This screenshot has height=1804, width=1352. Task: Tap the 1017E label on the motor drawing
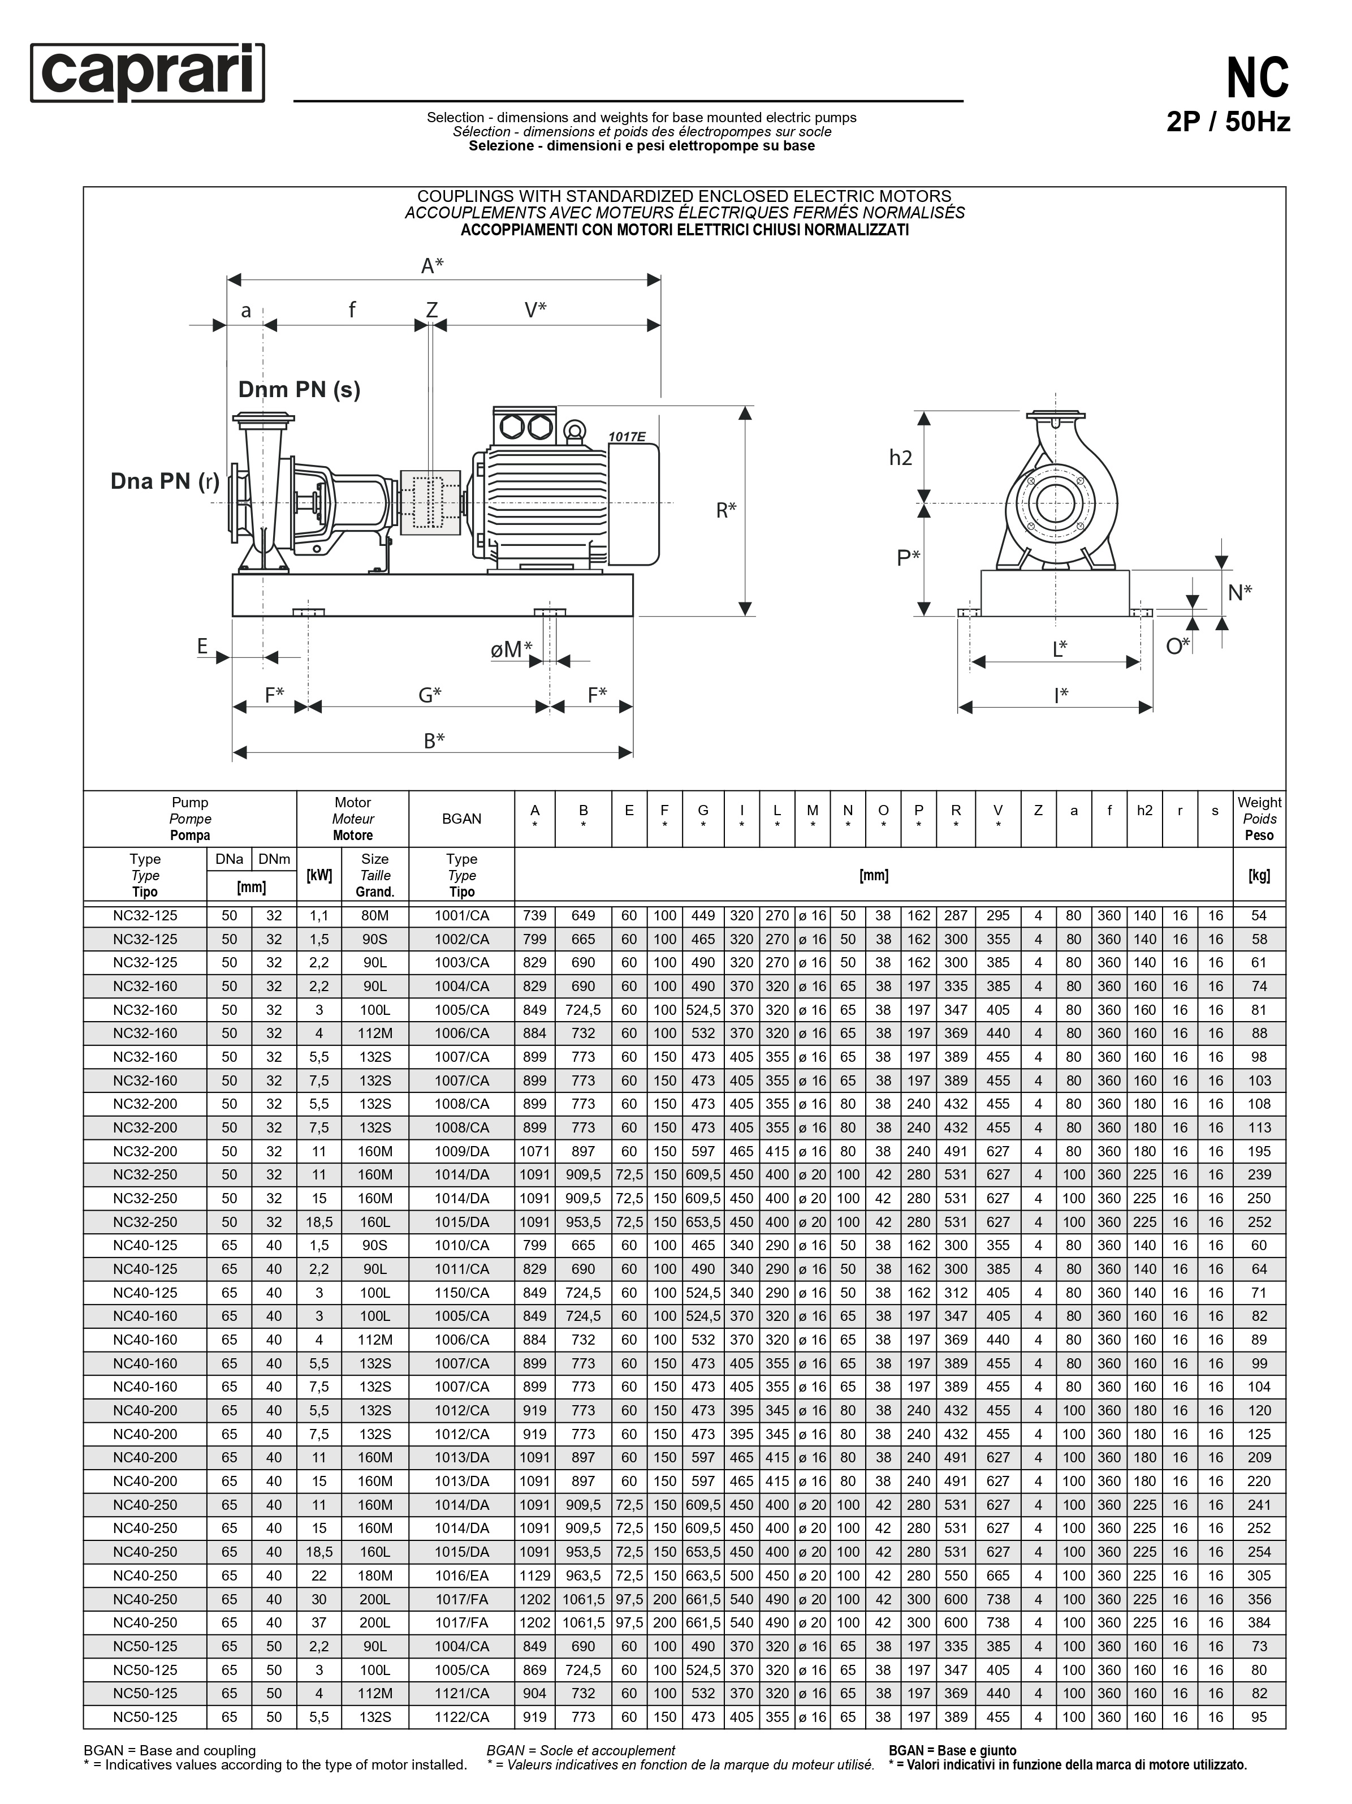(627, 437)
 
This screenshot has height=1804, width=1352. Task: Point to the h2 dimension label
(900, 458)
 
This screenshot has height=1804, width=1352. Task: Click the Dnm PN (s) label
(299, 389)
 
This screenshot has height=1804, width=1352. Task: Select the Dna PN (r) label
(165, 481)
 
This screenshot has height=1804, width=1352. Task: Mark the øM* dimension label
(511, 649)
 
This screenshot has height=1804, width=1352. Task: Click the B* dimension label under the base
(434, 740)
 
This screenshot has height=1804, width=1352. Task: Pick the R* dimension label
(725, 510)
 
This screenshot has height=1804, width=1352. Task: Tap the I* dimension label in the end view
(1060, 695)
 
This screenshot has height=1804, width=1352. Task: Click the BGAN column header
(461, 819)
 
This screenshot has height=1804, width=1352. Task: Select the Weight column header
(1259, 819)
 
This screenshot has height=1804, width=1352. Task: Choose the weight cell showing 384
(1259, 1623)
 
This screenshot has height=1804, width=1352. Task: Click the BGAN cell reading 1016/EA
(461, 1575)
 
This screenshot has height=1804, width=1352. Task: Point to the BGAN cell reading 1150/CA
(461, 1293)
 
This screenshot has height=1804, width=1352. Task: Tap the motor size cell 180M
(375, 1575)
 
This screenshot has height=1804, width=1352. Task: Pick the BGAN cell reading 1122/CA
(461, 1717)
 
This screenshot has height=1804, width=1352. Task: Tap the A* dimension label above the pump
(432, 266)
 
